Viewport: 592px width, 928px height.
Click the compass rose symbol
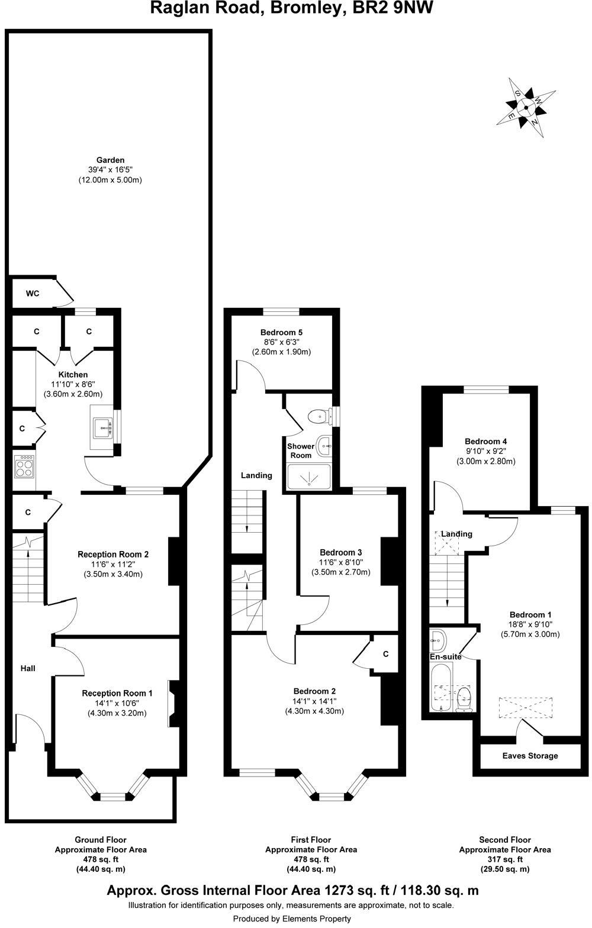[x=526, y=107]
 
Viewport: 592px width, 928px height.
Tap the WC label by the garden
[x=33, y=294]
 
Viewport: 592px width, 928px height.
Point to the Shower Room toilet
[x=320, y=416]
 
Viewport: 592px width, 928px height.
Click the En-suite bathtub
[x=440, y=687]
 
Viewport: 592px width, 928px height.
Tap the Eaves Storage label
[x=530, y=756]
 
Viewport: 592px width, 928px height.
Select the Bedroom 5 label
[x=281, y=332]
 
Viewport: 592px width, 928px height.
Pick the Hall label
[x=28, y=669]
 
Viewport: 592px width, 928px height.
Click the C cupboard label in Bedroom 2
[x=385, y=654]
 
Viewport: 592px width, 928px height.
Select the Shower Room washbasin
[x=324, y=446]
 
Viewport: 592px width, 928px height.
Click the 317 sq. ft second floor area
[x=504, y=859]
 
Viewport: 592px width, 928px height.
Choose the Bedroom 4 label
[x=485, y=442]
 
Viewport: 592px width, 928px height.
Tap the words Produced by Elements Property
[x=292, y=919]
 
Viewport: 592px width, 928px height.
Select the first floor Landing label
[x=256, y=475]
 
